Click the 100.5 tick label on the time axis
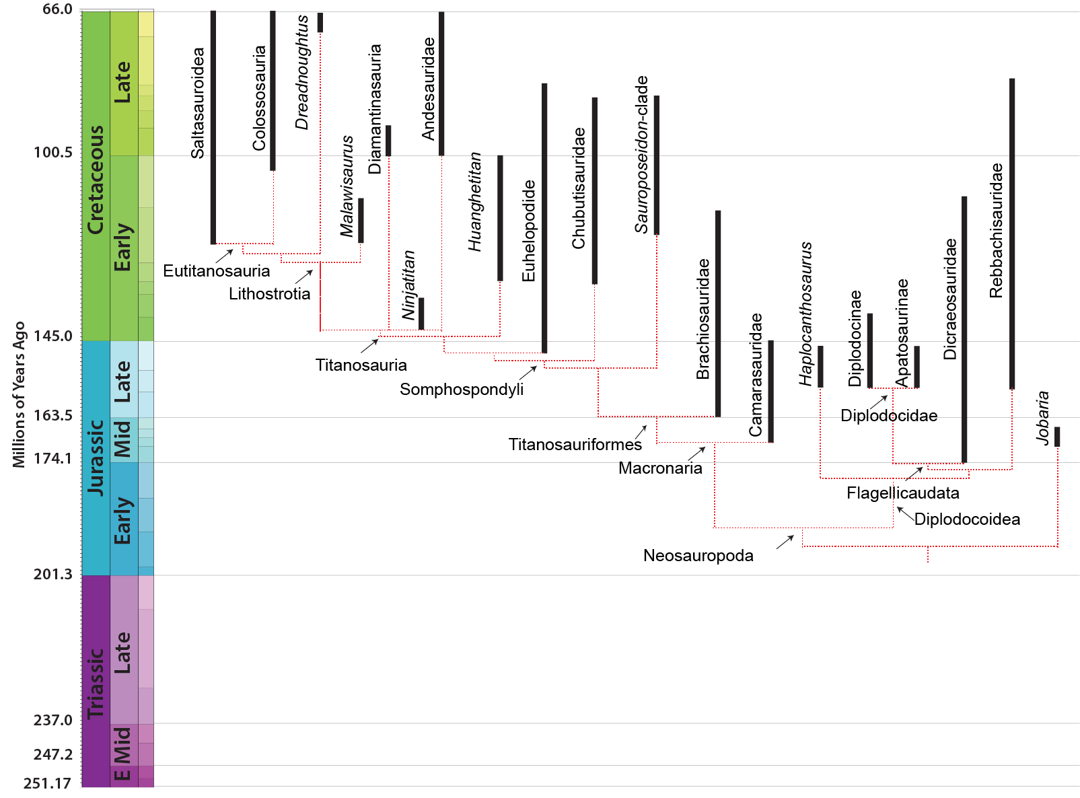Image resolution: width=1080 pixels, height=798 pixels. pos(52,152)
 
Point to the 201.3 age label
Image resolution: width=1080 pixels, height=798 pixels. pos(52,575)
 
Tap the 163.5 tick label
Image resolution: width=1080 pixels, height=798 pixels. pos(52,415)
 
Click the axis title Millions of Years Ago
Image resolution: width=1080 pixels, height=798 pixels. pos(18,394)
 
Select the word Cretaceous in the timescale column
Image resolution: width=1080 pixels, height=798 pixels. pos(96,180)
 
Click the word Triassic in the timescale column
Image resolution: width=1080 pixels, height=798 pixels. pos(96,684)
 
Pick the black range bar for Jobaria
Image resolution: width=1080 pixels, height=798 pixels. pos(1057,437)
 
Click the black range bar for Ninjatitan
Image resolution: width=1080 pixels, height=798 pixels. pos(421,314)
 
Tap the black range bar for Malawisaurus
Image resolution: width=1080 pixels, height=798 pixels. pos(361,220)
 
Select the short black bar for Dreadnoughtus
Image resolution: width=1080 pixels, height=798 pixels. pos(320,22)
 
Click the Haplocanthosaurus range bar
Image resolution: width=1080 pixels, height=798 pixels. pos(820,367)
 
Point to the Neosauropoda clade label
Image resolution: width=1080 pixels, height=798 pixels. pos(698,556)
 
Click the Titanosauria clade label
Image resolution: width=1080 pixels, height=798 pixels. pos(361,365)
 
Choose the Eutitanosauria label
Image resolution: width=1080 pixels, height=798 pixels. pos(216,270)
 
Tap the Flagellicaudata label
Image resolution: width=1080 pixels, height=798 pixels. pos(903,493)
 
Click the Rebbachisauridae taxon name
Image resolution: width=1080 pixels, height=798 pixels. pos(996,230)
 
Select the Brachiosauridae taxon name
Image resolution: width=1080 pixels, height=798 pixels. pos(703,319)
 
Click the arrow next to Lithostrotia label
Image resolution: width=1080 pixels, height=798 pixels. pos(304,277)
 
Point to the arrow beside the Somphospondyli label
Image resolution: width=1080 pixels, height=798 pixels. pos(528,373)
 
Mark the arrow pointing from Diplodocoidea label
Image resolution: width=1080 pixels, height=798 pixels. pos(906,513)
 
